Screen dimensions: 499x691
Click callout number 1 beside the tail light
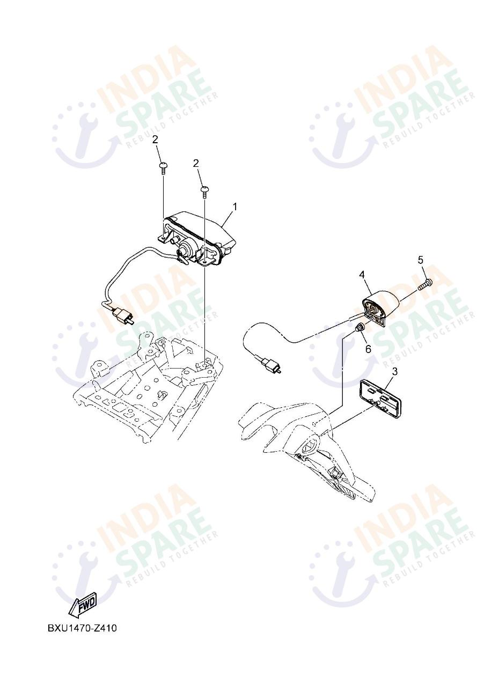click(x=235, y=207)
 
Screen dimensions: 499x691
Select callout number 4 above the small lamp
click(x=362, y=274)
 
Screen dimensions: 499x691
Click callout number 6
click(x=368, y=349)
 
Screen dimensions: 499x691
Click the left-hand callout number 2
click(x=155, y=139)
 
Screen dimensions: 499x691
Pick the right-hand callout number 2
click(x=196, y=164)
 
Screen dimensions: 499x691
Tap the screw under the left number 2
click(x=163, y=168)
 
